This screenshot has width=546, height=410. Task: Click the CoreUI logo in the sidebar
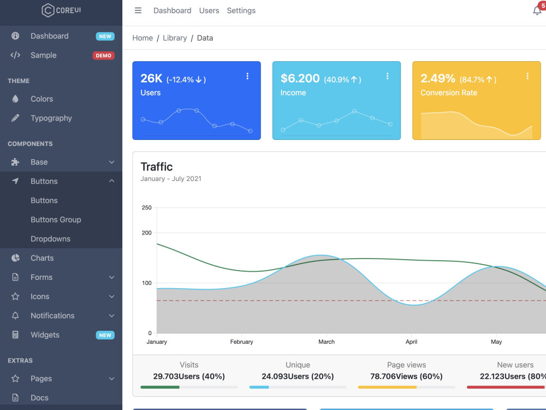coord(61,10)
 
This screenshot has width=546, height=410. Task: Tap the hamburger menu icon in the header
coord(138,10)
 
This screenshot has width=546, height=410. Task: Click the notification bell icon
coord(537,11)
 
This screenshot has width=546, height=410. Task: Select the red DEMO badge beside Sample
coord(103,55)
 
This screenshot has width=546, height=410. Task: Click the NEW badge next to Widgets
coord(105,335)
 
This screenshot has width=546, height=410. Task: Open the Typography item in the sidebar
coord(51,118)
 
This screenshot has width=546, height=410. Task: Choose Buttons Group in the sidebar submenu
coord(56,220)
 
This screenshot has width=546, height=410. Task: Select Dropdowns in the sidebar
coord(50,239)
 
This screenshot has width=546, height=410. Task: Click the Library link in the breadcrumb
coord(175,38)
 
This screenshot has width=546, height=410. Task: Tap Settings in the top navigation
coord(241,11)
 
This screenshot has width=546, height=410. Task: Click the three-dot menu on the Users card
coord(247,76)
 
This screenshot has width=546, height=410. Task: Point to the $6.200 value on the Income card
coord(300,78)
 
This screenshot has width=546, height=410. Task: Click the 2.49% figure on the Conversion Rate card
coord(438,78)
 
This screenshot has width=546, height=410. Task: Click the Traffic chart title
coord(157,167)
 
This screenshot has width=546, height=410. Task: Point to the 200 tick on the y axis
coord(146,233)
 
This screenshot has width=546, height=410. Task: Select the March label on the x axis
coord(327,342)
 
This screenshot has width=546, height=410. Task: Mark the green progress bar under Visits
coord(160,387)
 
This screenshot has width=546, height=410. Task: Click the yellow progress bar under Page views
coord(387,387)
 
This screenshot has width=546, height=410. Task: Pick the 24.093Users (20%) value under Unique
coord(298,377)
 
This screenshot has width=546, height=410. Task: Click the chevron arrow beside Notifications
coord(112,316)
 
